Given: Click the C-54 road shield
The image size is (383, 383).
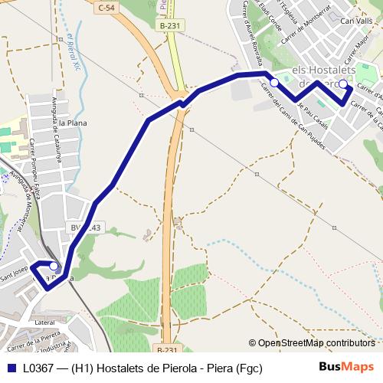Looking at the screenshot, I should pos(107,6).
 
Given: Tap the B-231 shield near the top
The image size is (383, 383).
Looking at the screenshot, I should pos(170,25).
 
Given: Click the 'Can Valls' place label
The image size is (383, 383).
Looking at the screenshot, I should pos(356,21).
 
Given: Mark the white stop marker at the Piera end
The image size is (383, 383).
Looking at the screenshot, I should pos(54,267).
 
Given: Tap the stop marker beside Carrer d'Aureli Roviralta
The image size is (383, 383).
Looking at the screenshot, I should pos(274,82).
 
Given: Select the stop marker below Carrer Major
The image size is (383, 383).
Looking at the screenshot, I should pos(343,84).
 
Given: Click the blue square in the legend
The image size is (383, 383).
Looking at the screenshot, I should pos(10,367).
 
